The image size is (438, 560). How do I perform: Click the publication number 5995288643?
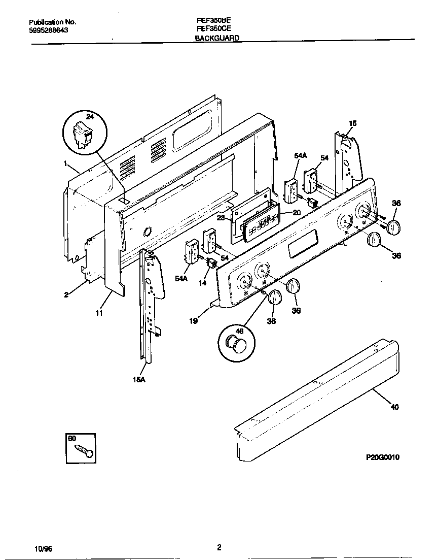pos(49,30)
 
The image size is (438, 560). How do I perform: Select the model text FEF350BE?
pos(210,22)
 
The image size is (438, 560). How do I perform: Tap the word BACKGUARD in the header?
pos(217,38)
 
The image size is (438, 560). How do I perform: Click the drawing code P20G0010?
pos(383,457)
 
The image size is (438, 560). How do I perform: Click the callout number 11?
pos(99,314)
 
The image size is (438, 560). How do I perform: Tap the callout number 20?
pos(297,213)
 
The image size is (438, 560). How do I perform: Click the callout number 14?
pos(203,283)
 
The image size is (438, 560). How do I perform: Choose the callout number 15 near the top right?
pos(353,123)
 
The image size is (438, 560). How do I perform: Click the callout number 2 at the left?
pos(66,294)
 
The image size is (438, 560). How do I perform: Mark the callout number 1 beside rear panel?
pos(65,163)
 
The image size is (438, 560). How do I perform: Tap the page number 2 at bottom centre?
pos(219,547)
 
